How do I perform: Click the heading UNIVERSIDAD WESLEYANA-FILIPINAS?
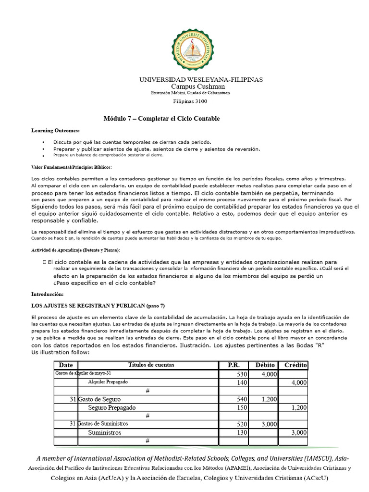[201, 79]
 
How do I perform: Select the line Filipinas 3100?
[190, 101]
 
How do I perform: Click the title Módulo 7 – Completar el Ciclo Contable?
[162, 119]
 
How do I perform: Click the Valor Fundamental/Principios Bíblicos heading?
[71, 167]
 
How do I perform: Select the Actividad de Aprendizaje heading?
[75, 250]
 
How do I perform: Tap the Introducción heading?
[47, 294]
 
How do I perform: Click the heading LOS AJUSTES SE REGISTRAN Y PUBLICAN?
[98, 306]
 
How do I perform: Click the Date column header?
[66, 365]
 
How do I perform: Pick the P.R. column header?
[234, 365]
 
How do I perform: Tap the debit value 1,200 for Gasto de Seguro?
[269, 399]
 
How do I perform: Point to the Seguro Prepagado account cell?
[111, 407]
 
